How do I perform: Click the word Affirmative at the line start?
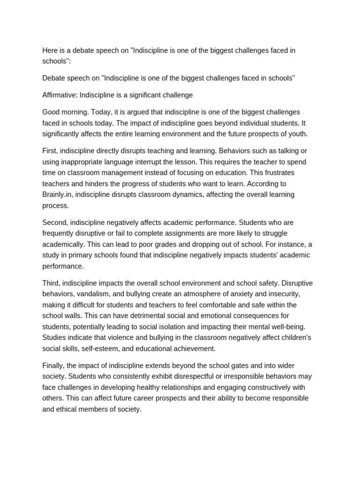click(x=60, y=95)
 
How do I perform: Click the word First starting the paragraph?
click(x=50, y=150)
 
